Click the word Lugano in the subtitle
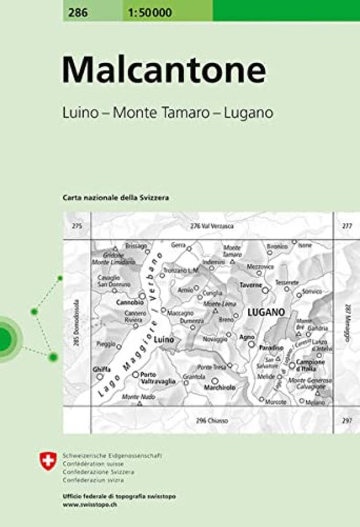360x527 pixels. click(x=249, y=113)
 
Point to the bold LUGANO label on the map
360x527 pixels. click(x=265, y=312)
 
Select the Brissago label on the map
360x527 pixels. click(x=136, y=245)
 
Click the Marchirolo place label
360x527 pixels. click(x=217, y=388)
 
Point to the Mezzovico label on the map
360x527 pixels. click(x=260, y=267)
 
